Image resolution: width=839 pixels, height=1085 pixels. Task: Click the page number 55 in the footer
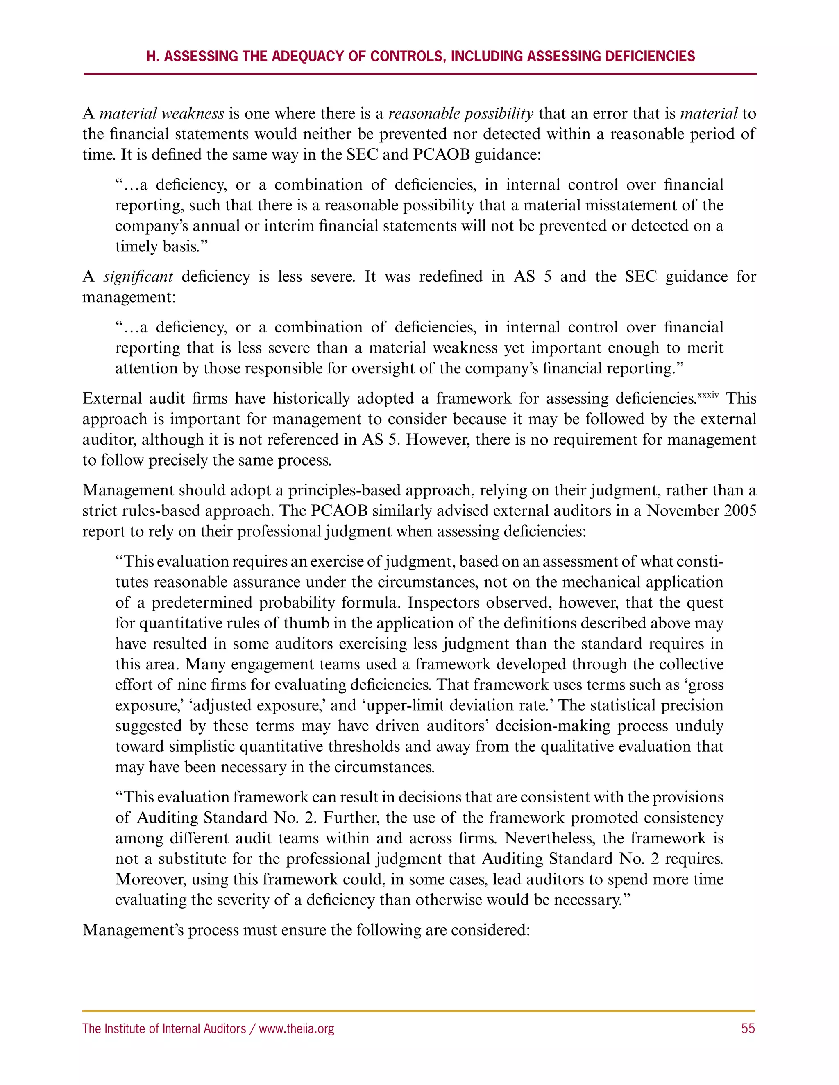pos(748,1028)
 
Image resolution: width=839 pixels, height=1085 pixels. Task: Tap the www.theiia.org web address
pos(296,1028)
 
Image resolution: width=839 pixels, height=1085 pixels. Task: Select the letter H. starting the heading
pos(152,56)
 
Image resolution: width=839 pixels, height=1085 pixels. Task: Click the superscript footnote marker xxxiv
pos(708,396)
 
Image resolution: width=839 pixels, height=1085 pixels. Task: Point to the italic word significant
pos(138,276)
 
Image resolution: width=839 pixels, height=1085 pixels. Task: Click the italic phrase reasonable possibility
pos(461,114)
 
